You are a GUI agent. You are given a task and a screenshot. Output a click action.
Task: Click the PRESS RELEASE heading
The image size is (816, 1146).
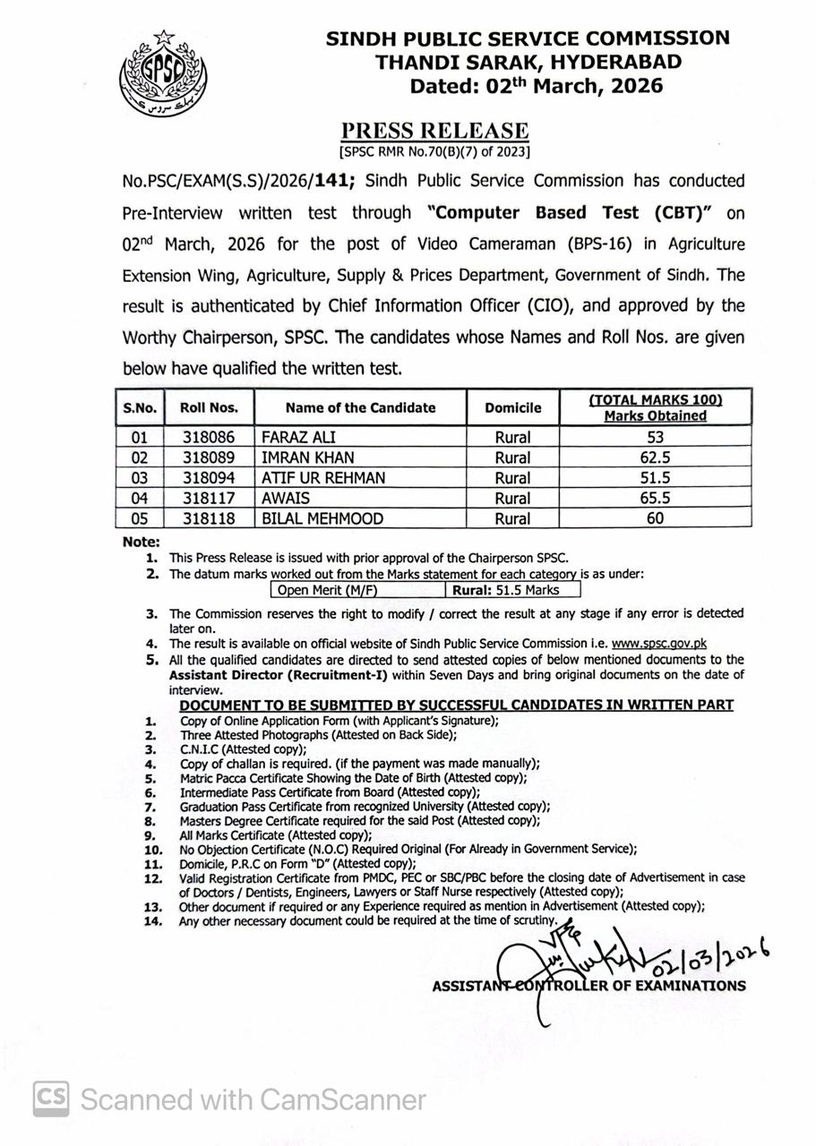[435, 131]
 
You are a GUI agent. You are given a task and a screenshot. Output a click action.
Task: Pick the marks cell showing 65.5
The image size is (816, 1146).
[655, 499]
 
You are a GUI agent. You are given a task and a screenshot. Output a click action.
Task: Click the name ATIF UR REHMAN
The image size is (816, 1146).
[323, 478]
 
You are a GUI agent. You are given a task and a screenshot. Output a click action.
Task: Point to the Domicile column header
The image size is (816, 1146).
[513, 407]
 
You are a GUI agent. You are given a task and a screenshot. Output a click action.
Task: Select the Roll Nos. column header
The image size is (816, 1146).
[209, 407]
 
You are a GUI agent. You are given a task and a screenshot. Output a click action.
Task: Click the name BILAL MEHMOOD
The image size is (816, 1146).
[322, 518]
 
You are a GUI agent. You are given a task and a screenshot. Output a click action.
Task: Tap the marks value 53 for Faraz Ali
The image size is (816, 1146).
[655, 438]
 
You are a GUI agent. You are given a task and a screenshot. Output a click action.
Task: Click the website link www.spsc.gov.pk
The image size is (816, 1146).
[659, 643]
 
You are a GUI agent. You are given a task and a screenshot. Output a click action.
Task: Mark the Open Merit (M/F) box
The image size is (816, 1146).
[357, 590]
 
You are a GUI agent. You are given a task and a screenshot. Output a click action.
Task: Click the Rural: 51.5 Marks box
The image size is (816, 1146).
[512, 590]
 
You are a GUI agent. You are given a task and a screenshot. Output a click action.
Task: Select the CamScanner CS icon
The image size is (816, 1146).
[52, 1099]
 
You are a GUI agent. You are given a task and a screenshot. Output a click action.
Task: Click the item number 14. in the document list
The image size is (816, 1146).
[153, 920]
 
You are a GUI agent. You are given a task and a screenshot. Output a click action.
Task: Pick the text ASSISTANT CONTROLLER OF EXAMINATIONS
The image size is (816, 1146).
[588, 986]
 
